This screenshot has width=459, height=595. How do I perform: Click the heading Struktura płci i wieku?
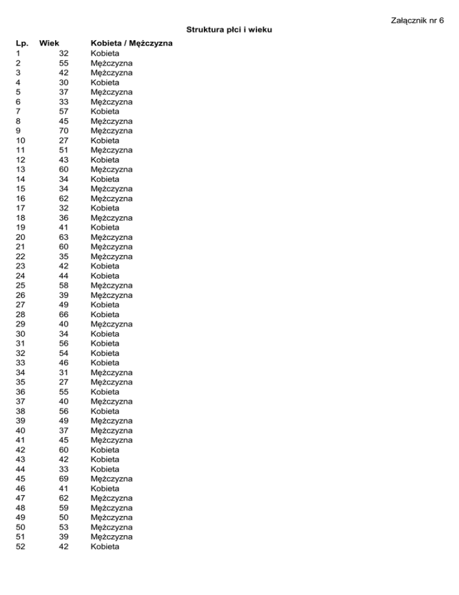coord(229,29)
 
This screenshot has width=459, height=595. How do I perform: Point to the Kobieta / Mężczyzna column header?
coord(131,43)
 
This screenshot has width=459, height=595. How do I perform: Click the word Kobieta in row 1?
coord(105,53)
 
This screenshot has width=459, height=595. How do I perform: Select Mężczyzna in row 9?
coord(111,130)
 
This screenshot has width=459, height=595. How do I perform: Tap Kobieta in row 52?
coord(105,546)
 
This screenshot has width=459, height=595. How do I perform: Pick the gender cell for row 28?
coord(105,314)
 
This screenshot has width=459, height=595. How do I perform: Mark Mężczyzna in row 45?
coord(111,478)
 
